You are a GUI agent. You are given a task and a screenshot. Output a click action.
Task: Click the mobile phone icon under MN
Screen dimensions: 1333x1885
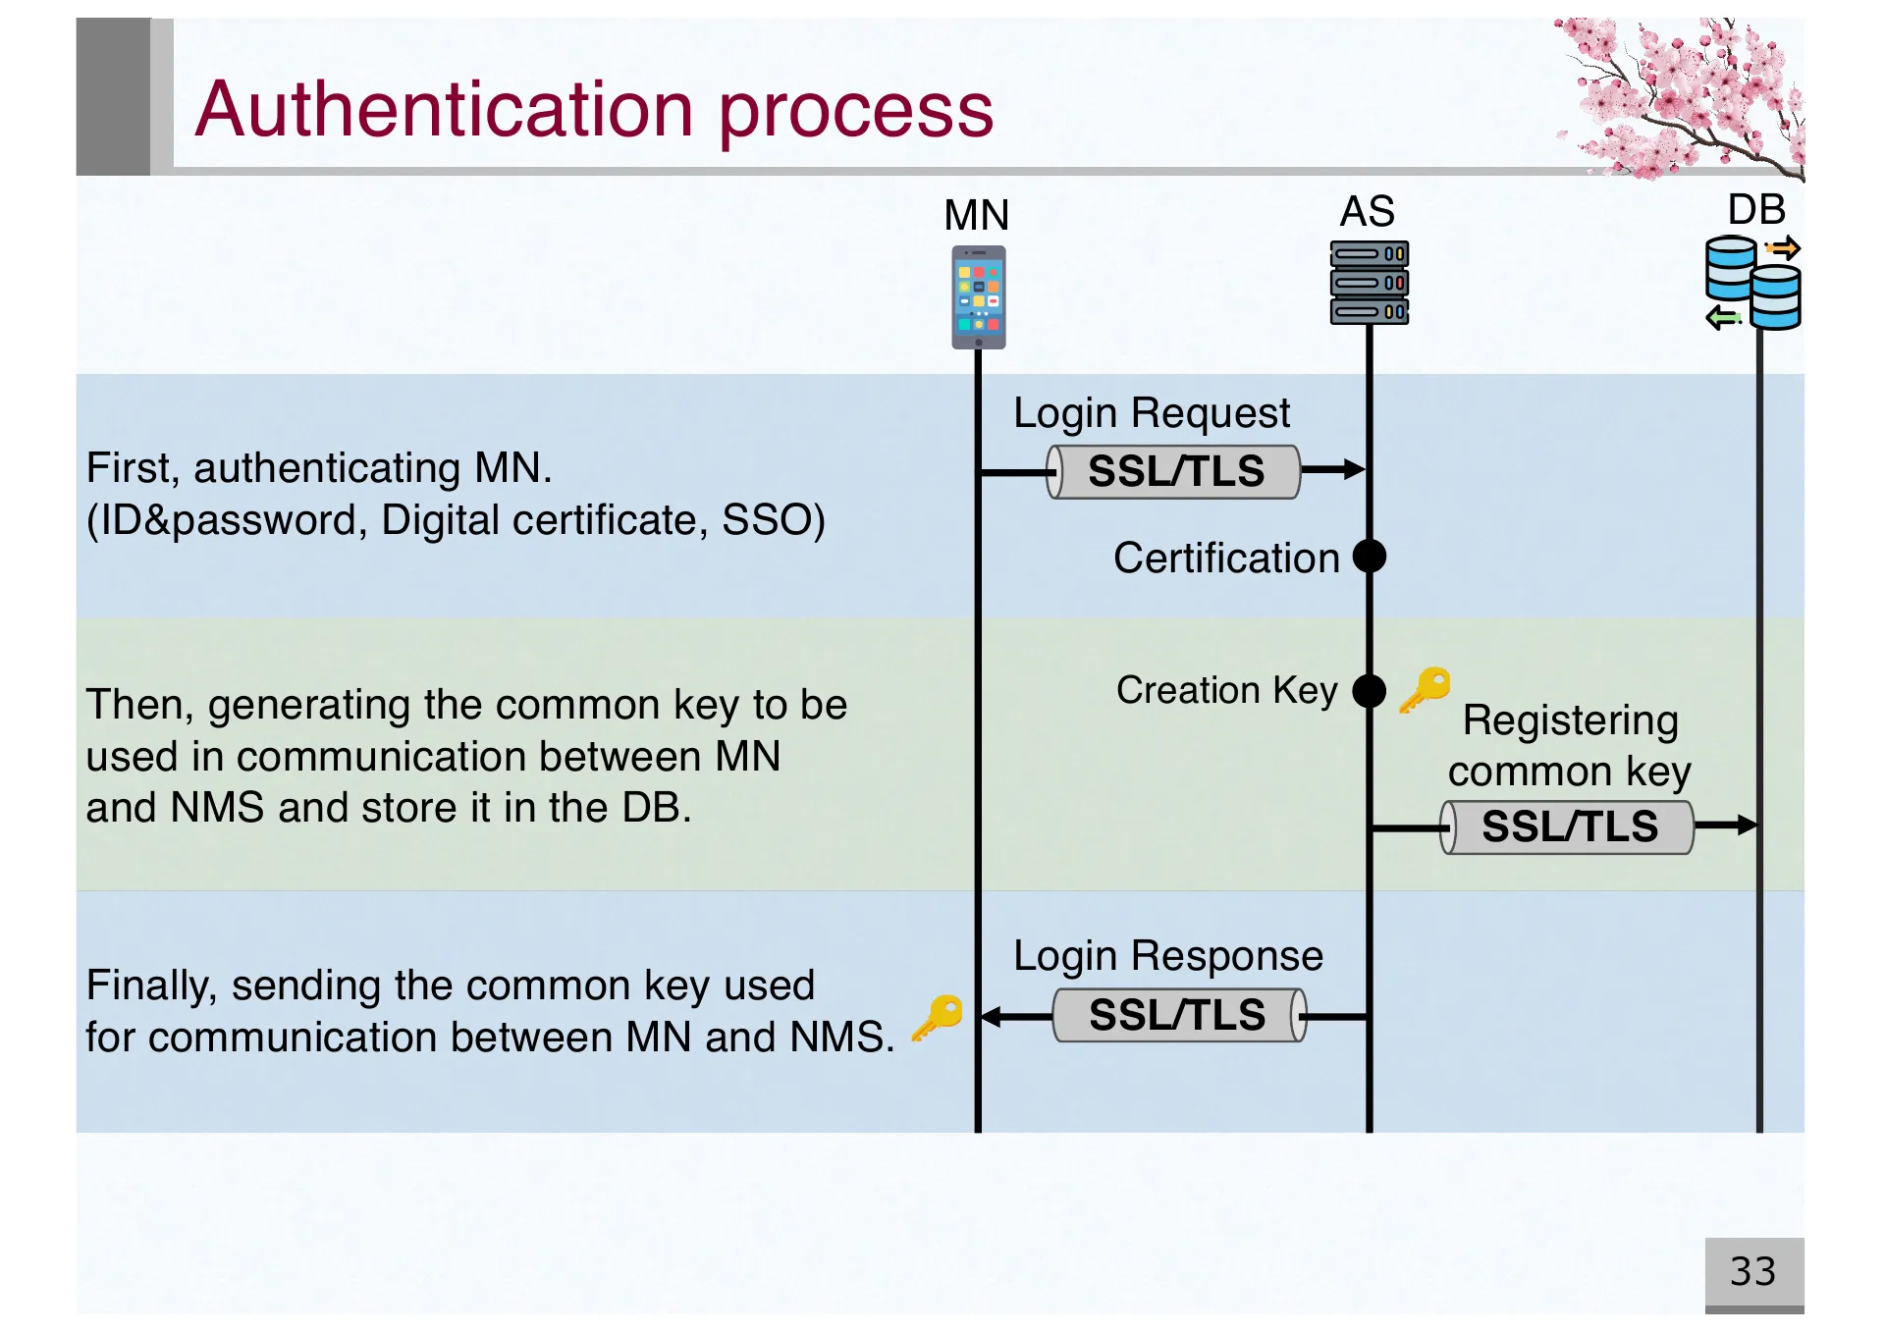[978, 297]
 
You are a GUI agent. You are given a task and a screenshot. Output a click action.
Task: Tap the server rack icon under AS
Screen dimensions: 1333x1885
[1370, 283]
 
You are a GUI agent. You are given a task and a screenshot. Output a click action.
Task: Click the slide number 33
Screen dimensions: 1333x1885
[1753, 1272]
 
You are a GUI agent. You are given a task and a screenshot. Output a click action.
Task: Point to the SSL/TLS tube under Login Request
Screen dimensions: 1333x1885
[1174, 472]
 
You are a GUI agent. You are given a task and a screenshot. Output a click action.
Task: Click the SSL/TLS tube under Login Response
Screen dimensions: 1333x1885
[1178, 1015]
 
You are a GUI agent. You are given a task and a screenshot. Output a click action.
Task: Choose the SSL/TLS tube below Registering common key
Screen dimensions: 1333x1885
[1568, 827]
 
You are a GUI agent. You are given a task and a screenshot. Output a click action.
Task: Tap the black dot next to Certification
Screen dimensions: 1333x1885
[1370, 557]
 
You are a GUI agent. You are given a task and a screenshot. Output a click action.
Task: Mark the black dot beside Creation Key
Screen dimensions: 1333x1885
[1370, 691]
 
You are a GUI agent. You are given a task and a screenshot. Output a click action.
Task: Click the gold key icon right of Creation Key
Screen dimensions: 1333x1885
[1426, 689]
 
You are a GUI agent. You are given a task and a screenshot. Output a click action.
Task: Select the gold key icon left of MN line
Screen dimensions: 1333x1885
[938, 1017]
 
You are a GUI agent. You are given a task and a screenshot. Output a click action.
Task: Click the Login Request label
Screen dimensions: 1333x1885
[1152, 413]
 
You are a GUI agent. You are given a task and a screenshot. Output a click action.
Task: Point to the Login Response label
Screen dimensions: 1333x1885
[1167, 956]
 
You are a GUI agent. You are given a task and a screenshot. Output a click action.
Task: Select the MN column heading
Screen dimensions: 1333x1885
[976, 215]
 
